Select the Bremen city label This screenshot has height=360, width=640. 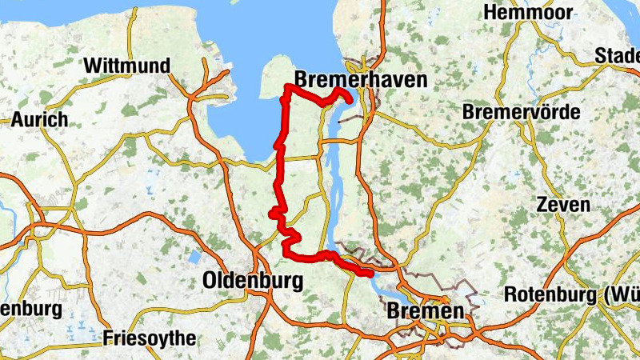pyautogui.click(x=425, y=310)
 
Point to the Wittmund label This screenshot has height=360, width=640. pyautogui.click(x=127, y=65)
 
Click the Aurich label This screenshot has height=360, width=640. pyautogui.click(x=39, y=120)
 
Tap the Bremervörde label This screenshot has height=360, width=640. pyautogui.click(x=521, y=112)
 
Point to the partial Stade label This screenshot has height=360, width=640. pyautogui.click(x=618, y=56)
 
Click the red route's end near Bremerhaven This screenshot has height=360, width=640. pyautogui.click(x=350, y=101)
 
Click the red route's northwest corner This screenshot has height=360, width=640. pyautogui.click(x=287, y=86)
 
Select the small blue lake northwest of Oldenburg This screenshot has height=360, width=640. pyautogui.click(x=194, y=258)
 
